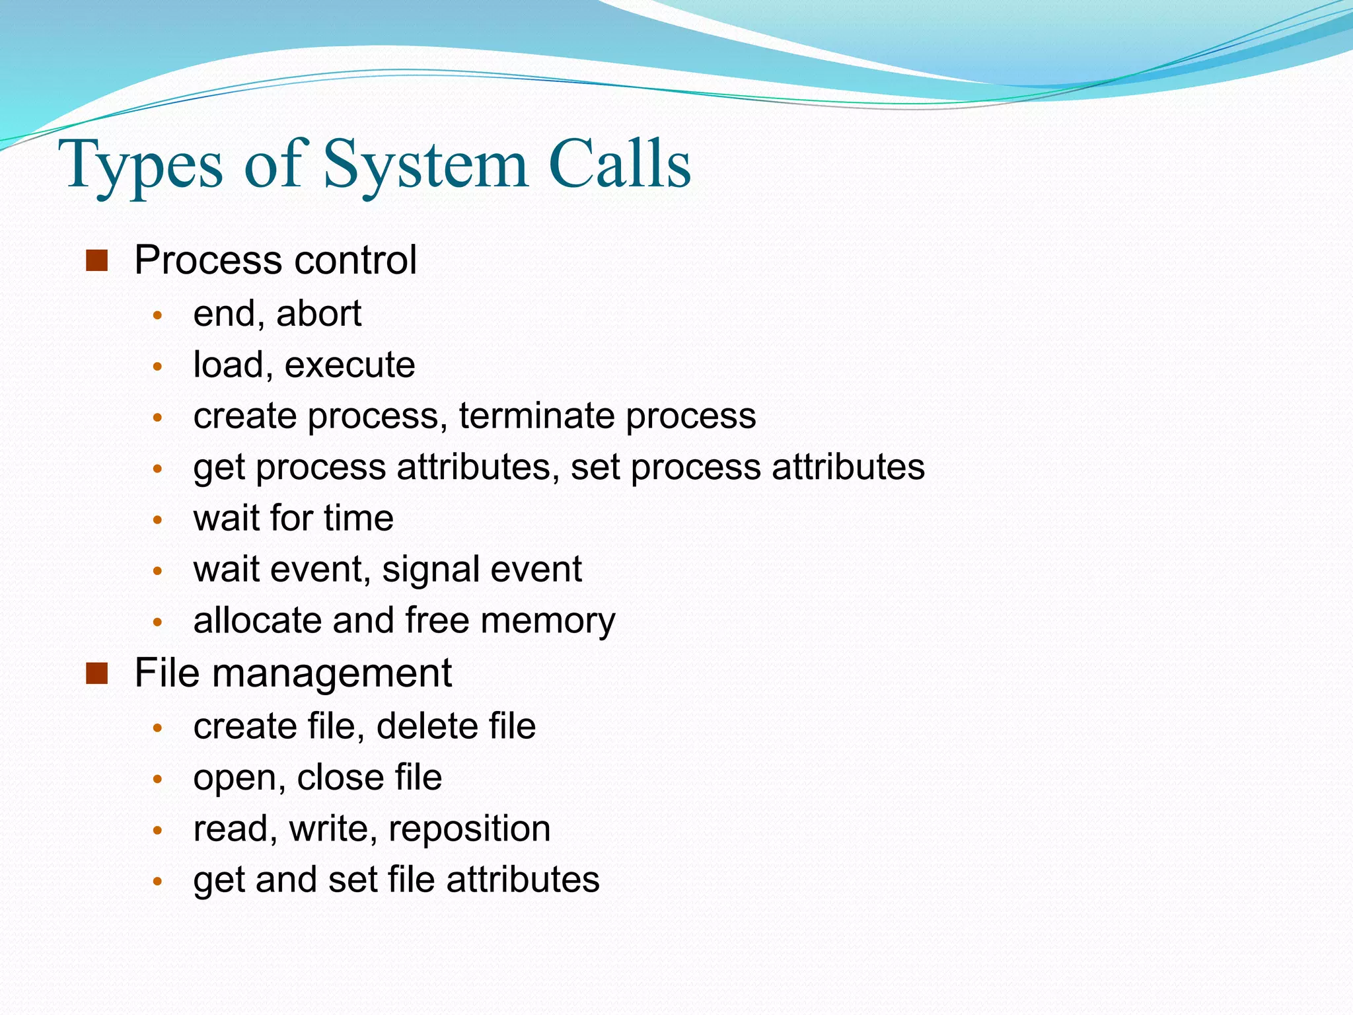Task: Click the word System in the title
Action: tap(425, 165)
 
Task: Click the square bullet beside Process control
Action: tap(96, 261)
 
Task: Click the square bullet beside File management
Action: tap(96, 674)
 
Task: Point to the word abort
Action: tap(318, 313)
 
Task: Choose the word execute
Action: tap(349, 365)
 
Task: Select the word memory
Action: tap(548, 621)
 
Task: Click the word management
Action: tap(332, 674)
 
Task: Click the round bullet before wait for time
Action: tap(157, 520)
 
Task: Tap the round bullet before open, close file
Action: tap(157, 779)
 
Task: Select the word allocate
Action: tap(257, 620)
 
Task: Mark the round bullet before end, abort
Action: tap(157, 315)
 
